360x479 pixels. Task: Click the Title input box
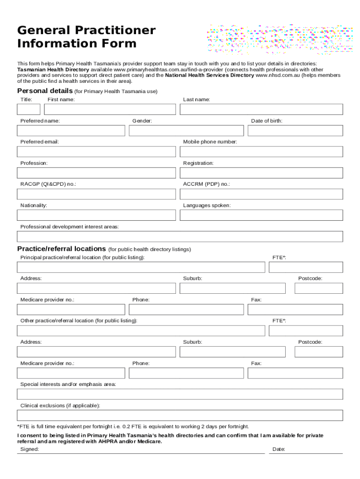29,109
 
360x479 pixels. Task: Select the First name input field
110,109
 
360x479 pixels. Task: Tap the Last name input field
261,109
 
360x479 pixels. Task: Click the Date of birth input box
295,131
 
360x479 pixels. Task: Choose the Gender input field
186,131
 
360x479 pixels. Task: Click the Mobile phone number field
261,152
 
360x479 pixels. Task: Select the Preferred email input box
96,152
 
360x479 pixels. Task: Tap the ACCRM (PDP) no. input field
261,194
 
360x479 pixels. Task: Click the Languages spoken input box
261,215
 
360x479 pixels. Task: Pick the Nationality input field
96,215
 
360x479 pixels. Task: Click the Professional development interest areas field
180,236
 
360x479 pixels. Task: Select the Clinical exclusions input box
180,415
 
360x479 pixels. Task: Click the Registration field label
198,163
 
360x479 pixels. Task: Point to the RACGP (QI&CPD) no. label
48,184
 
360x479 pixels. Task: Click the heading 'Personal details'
45,91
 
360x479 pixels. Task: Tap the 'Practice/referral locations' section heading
61,249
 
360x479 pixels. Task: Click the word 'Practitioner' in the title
113,30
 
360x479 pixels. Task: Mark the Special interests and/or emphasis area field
180,394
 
